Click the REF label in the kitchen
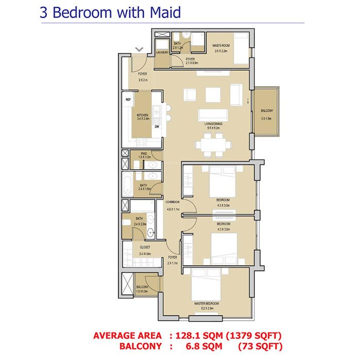click(128, 99)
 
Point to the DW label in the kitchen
click(157, 126)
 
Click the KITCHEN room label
click(143, 115)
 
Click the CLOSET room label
click(145, 247)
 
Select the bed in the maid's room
click(241, 48)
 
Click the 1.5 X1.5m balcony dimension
click(142, 292)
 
